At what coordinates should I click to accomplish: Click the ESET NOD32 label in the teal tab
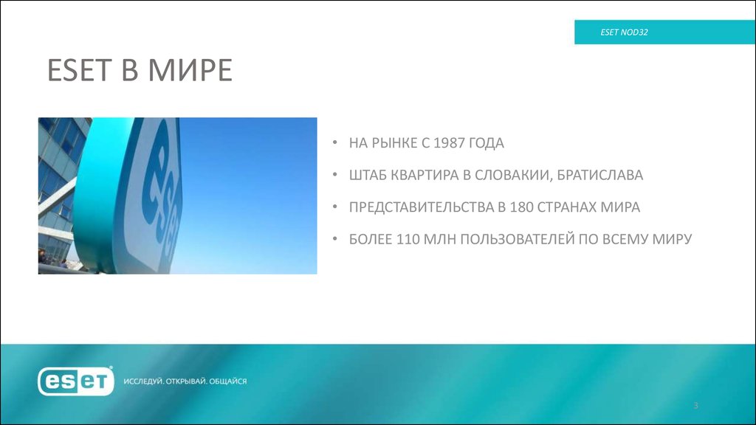point(624,32)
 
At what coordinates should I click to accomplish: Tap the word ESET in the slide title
point(78,71)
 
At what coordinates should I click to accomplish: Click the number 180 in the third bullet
point(520,207)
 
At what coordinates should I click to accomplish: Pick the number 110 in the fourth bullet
point(410,240)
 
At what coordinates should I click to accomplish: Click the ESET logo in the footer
point(76,381)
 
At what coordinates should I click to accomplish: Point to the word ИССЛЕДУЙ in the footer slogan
point(142,381)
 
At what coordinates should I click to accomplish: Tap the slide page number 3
point(695,407)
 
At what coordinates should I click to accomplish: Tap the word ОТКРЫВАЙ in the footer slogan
point(185,381)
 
